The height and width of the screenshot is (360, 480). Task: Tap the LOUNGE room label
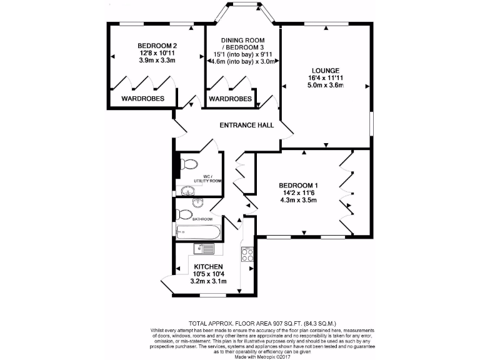click(326, 70)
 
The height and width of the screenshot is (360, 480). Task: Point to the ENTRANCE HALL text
click(247, 126)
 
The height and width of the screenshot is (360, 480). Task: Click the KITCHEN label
click(209, 267)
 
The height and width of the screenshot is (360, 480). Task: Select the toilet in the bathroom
click(184, 214)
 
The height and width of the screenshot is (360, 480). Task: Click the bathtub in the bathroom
click(198, 232)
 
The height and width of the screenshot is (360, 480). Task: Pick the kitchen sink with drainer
click(204, 249)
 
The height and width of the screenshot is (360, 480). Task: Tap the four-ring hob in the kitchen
click(246, 255)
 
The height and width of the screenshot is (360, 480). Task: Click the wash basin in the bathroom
click(197, 202)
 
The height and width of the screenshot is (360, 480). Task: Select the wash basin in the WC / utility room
click(186, 191)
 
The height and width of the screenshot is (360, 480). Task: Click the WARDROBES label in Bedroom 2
click(143, 99)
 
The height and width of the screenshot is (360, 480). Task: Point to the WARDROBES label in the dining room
click(231, 99)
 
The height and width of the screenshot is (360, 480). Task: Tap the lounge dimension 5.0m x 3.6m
click(326, 86)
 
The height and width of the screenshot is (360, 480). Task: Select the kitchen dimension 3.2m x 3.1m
click(209, 282)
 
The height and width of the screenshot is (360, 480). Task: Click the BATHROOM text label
click(202, 219)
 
